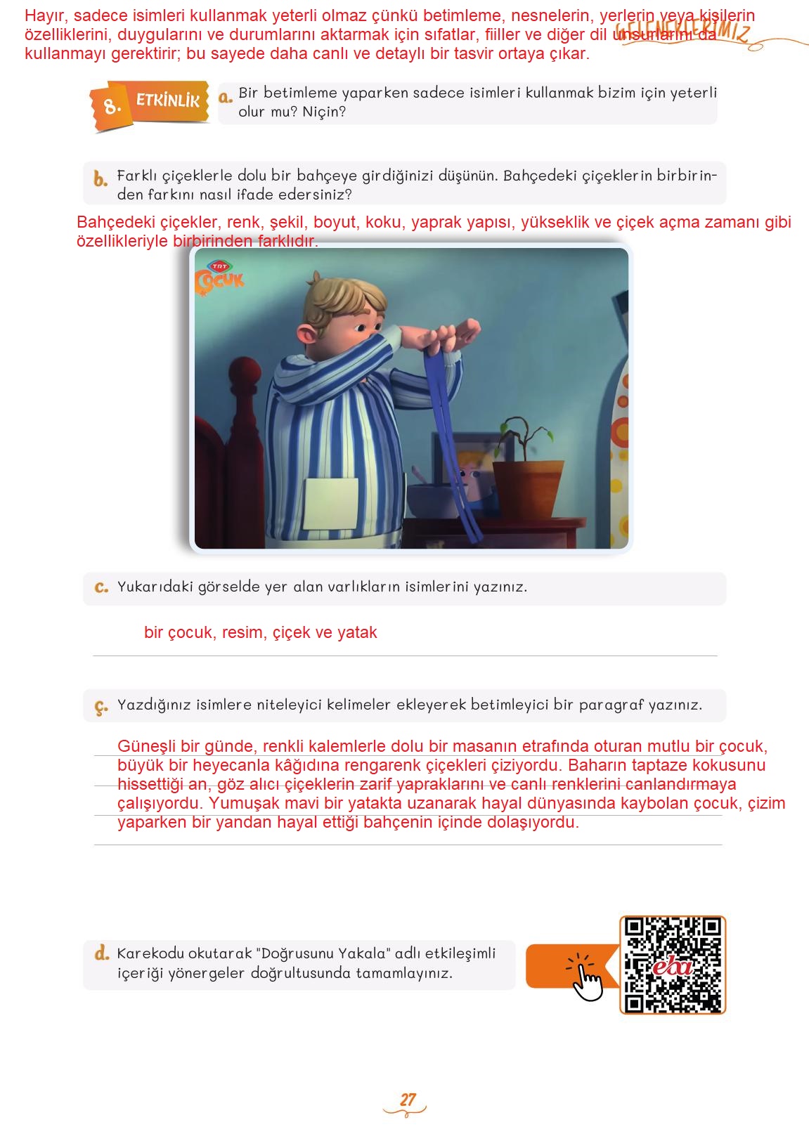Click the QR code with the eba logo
click(672, 965)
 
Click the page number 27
click(408, 1099)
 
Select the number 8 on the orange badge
click(112, 107)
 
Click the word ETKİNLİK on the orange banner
click(168, 100)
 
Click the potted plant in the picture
click(526, 471)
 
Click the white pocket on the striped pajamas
click(330, 503)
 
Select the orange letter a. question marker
click(225, 97)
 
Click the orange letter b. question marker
click(101, 179)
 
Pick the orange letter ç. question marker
click(101, 707)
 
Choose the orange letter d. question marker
click(102, 953)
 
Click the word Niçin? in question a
click(323, 112)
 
